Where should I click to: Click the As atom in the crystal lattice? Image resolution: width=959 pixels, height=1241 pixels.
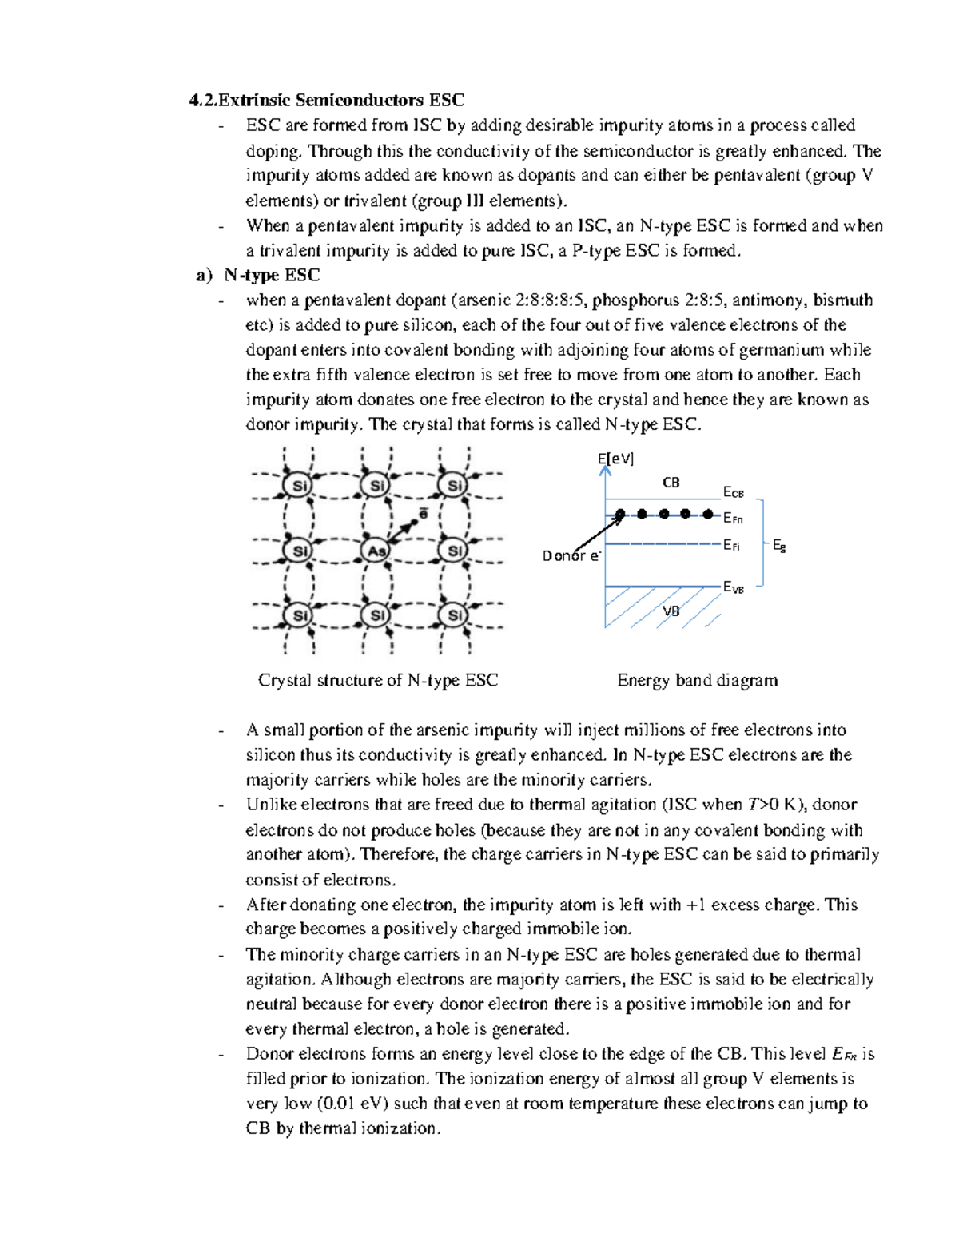coord(376,551)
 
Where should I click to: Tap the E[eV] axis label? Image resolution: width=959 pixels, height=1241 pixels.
coord(615,459)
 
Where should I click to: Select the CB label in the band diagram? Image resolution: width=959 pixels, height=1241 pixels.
coord(671,483)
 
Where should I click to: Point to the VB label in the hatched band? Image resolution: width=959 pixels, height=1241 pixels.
coord(671,611)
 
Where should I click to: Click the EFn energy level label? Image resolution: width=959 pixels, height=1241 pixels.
coord(733,519)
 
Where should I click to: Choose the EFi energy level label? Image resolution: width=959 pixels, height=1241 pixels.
coord(731,546)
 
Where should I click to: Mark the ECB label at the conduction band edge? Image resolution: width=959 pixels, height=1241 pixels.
coord(733,492)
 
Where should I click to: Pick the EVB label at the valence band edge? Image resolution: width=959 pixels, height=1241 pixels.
coord(733,587)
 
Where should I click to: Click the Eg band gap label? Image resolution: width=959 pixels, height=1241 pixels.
coord(779,546)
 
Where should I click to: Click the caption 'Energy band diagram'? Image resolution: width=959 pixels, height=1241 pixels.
coord(697,681)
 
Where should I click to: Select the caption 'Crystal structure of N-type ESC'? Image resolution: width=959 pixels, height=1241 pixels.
coord(378,681)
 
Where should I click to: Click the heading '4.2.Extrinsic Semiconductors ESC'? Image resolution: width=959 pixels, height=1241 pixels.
coord(326,100)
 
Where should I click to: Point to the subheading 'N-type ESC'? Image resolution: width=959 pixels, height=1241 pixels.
coord(272,276)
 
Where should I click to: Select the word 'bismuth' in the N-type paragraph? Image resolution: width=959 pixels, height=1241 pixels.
coord(842,300)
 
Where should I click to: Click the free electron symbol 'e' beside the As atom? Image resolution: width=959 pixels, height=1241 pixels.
coord(424,513)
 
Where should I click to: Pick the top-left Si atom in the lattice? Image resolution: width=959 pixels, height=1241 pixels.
coord(299,486)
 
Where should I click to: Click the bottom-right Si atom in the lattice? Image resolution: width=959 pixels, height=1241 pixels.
coord(455,615)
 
